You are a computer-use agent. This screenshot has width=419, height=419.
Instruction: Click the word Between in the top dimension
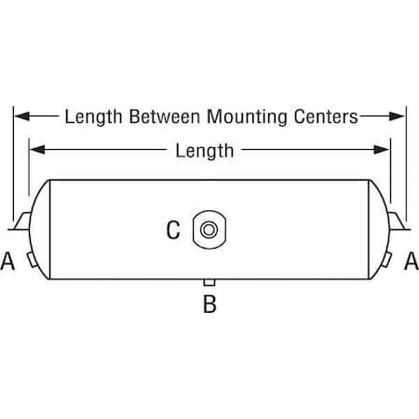coord(165,116)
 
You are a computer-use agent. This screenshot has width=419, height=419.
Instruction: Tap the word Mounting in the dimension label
coord(247,117)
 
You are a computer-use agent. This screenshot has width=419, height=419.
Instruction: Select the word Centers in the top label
coord(326,116)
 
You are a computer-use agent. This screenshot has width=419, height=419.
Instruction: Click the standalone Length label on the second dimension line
coord(205,151)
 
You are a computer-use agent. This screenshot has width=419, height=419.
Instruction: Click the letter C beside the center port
coord(173,230)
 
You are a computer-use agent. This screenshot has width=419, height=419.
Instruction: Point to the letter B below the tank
coord(209,304)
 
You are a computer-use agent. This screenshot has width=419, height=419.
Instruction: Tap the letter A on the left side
coord(7,261)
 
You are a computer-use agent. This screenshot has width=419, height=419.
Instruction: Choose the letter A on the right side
coord(412,261)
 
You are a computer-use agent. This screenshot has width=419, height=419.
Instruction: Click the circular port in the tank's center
coord(209,230)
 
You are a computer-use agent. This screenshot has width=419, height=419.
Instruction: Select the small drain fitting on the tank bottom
coord(209,282)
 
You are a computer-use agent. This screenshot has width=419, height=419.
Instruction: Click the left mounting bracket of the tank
coord(21,221)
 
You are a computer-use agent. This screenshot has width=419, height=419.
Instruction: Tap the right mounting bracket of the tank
coord(399,221)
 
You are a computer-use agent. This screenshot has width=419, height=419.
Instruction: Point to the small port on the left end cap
coord(32,260)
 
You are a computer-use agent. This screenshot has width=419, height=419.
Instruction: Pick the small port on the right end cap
coord(386,260)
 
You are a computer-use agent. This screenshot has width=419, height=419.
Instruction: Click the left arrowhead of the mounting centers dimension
coord(22,116)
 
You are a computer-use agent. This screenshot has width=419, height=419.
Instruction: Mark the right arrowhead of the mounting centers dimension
coord(398,116)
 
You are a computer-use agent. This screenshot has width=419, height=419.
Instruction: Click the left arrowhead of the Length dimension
coord(37,150)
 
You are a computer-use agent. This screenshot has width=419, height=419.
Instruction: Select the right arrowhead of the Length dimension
coord(382,150)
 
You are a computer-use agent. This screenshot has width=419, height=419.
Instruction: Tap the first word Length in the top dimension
coord(93,117)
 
